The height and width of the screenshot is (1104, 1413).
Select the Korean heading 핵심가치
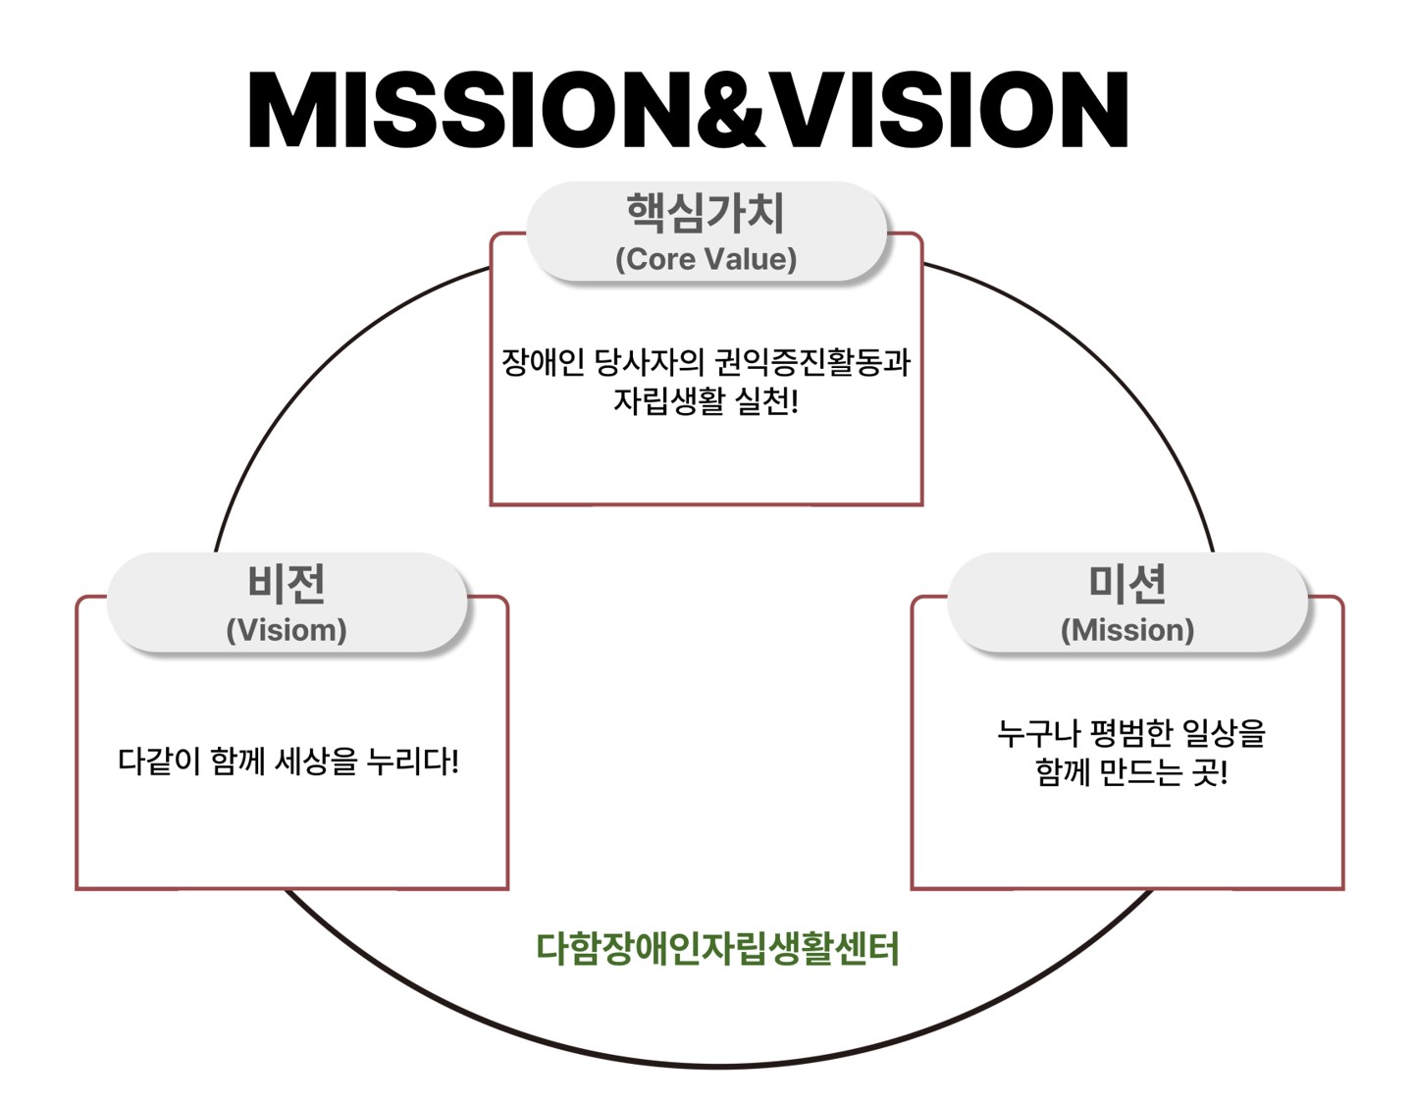tap(706, 213)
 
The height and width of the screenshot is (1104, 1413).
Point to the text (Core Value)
tap(706, 259)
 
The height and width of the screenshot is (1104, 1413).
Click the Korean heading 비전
tap(287, 584)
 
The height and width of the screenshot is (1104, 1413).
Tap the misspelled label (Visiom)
tap(287, 630)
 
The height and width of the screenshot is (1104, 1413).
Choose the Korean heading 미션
tap(1127, 584)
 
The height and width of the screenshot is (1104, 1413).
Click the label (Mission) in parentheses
tap(1127, 630)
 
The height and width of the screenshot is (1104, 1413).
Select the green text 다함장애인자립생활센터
tap(717, 949)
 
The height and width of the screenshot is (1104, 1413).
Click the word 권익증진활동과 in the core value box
tap(812, 362)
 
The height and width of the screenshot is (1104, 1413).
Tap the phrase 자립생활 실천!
tap(706, 401)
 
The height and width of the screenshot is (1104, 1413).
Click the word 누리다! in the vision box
tap(413, 762)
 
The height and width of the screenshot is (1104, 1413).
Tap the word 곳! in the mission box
tap(1210, 773)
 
